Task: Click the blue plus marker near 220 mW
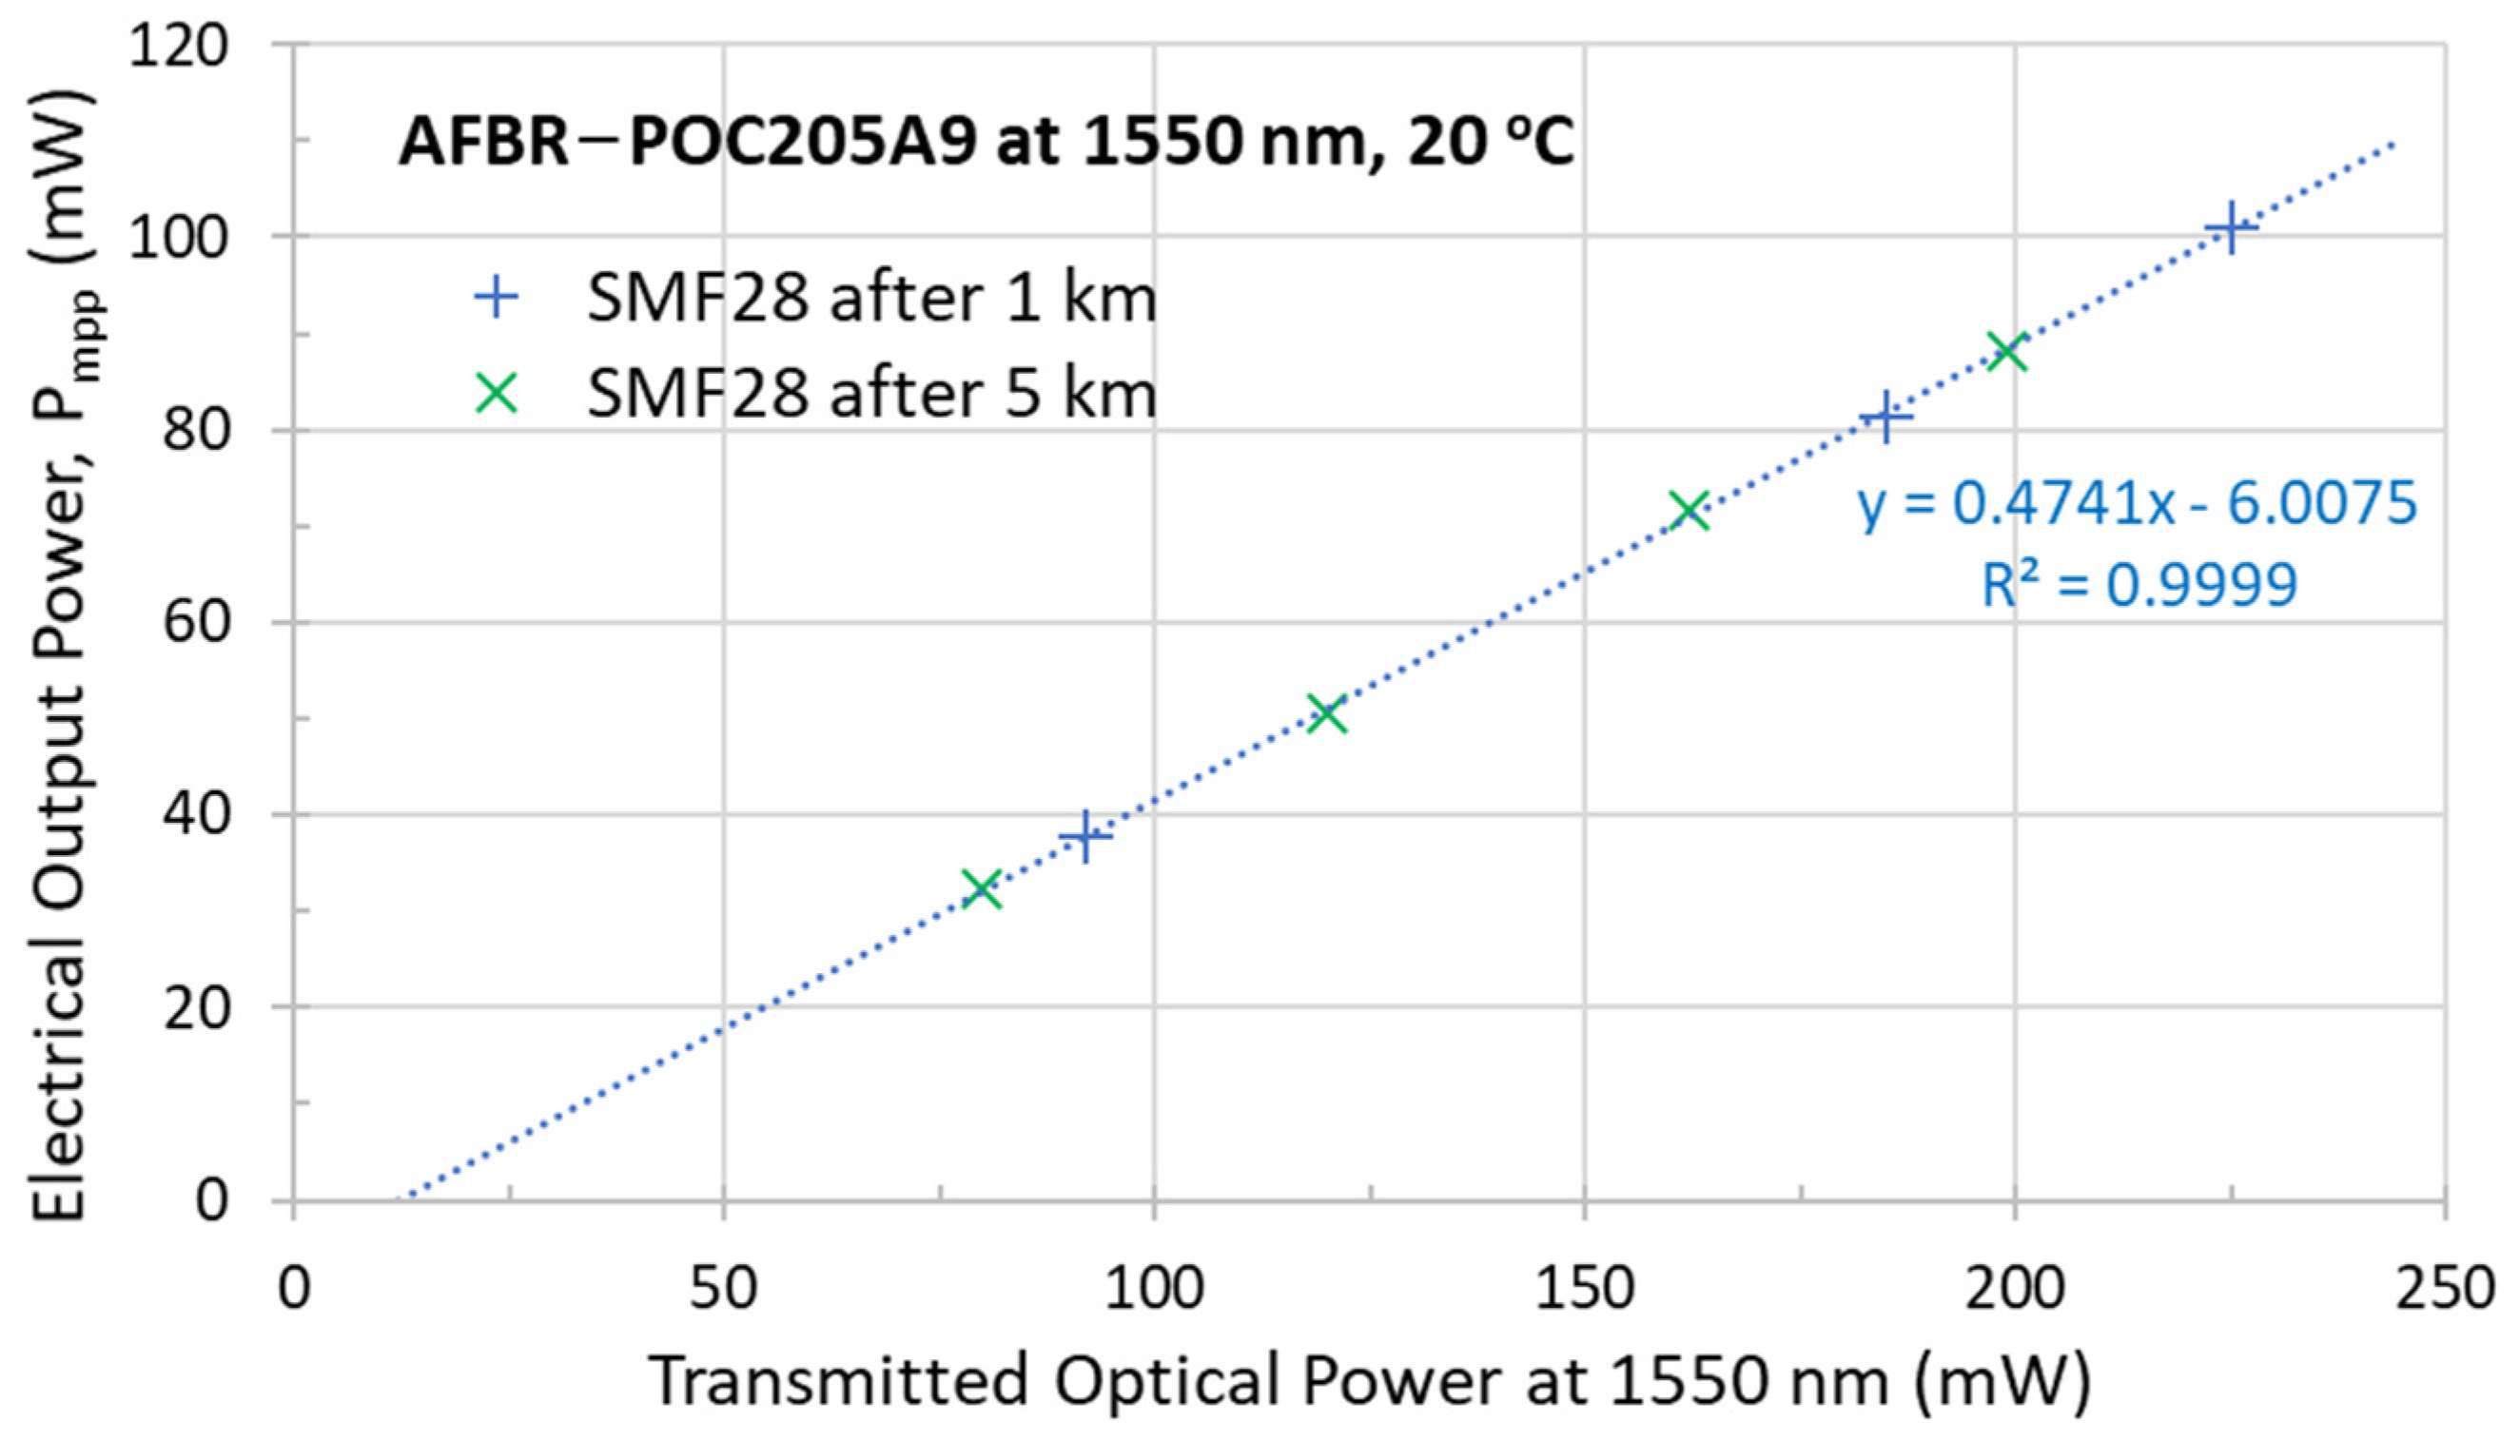coord(2230,227)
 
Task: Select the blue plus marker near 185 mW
coord(1885,418)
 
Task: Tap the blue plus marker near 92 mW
coord(1085,837)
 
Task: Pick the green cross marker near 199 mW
coord(2007,351)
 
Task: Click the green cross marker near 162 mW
coord(1689,511)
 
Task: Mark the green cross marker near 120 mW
coord(1327,713)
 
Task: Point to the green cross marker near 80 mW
coord(982,887)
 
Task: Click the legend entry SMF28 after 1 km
coord(871,298)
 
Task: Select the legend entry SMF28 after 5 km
coord(871,394)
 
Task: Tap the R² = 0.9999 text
coord(2138,585)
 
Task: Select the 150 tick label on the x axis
coord(1585,1290)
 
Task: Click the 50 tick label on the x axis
coord(724,1290)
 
